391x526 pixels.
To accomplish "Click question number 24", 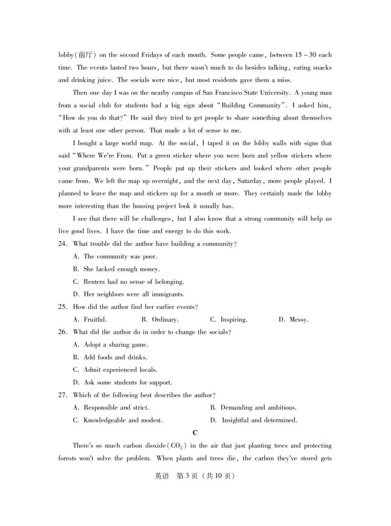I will (63, 244).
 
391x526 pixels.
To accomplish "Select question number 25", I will (63, 307).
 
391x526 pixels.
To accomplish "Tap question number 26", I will (63, 332).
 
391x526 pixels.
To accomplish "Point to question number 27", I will (63, 395).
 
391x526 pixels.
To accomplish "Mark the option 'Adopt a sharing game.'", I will (116, 344).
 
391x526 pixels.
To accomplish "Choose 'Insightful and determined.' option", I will (259, 420).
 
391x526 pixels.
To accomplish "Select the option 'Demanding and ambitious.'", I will (258, 407).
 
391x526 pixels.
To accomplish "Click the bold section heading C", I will (195, 433).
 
